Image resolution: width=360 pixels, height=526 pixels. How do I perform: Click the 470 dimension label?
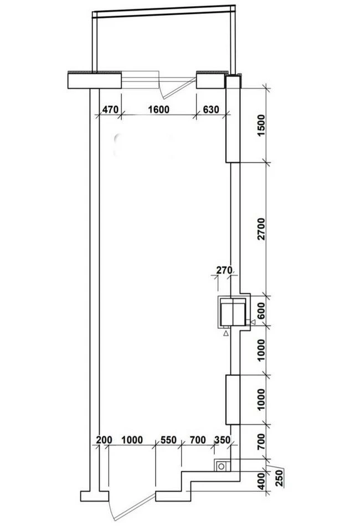click(110, 110)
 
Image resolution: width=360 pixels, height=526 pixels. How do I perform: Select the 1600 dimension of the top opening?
click(159, 110)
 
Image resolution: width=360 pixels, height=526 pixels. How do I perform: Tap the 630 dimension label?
click(211, 110)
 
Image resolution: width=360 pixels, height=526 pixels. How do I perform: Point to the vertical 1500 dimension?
click(261, 125)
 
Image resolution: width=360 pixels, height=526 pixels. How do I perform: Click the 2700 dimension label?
click(261, 229)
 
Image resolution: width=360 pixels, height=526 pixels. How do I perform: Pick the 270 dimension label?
click(224, 270)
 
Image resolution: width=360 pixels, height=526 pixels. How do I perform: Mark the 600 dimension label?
click(261, 311)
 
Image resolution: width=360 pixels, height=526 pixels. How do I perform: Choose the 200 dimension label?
click(104, 440)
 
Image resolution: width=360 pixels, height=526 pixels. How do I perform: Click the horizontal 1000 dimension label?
click(132, 440)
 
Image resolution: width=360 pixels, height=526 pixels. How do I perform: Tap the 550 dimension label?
click(168, 440)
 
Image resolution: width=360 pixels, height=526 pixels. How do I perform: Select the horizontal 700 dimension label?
click(198, 440)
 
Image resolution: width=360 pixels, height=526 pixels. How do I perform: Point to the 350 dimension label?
click(223, 440)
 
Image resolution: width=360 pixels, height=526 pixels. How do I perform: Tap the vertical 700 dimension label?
click(261, 441)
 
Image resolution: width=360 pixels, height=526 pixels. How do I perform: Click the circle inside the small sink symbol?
click(222, 466)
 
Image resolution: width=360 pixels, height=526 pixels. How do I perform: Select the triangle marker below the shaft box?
click(226, 333)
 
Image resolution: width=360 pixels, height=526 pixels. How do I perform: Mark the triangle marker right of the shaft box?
click(253, 322)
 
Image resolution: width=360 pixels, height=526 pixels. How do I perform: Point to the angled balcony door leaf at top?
click(178, 89)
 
